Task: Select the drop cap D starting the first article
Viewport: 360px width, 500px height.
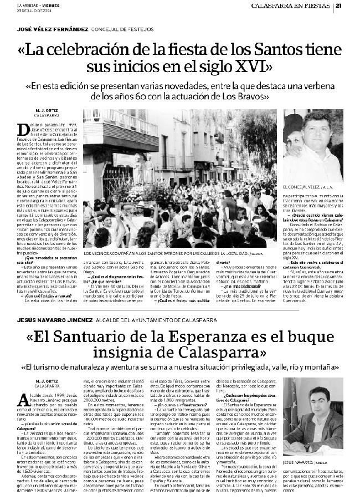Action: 24,129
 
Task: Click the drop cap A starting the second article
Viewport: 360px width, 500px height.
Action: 23,400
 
